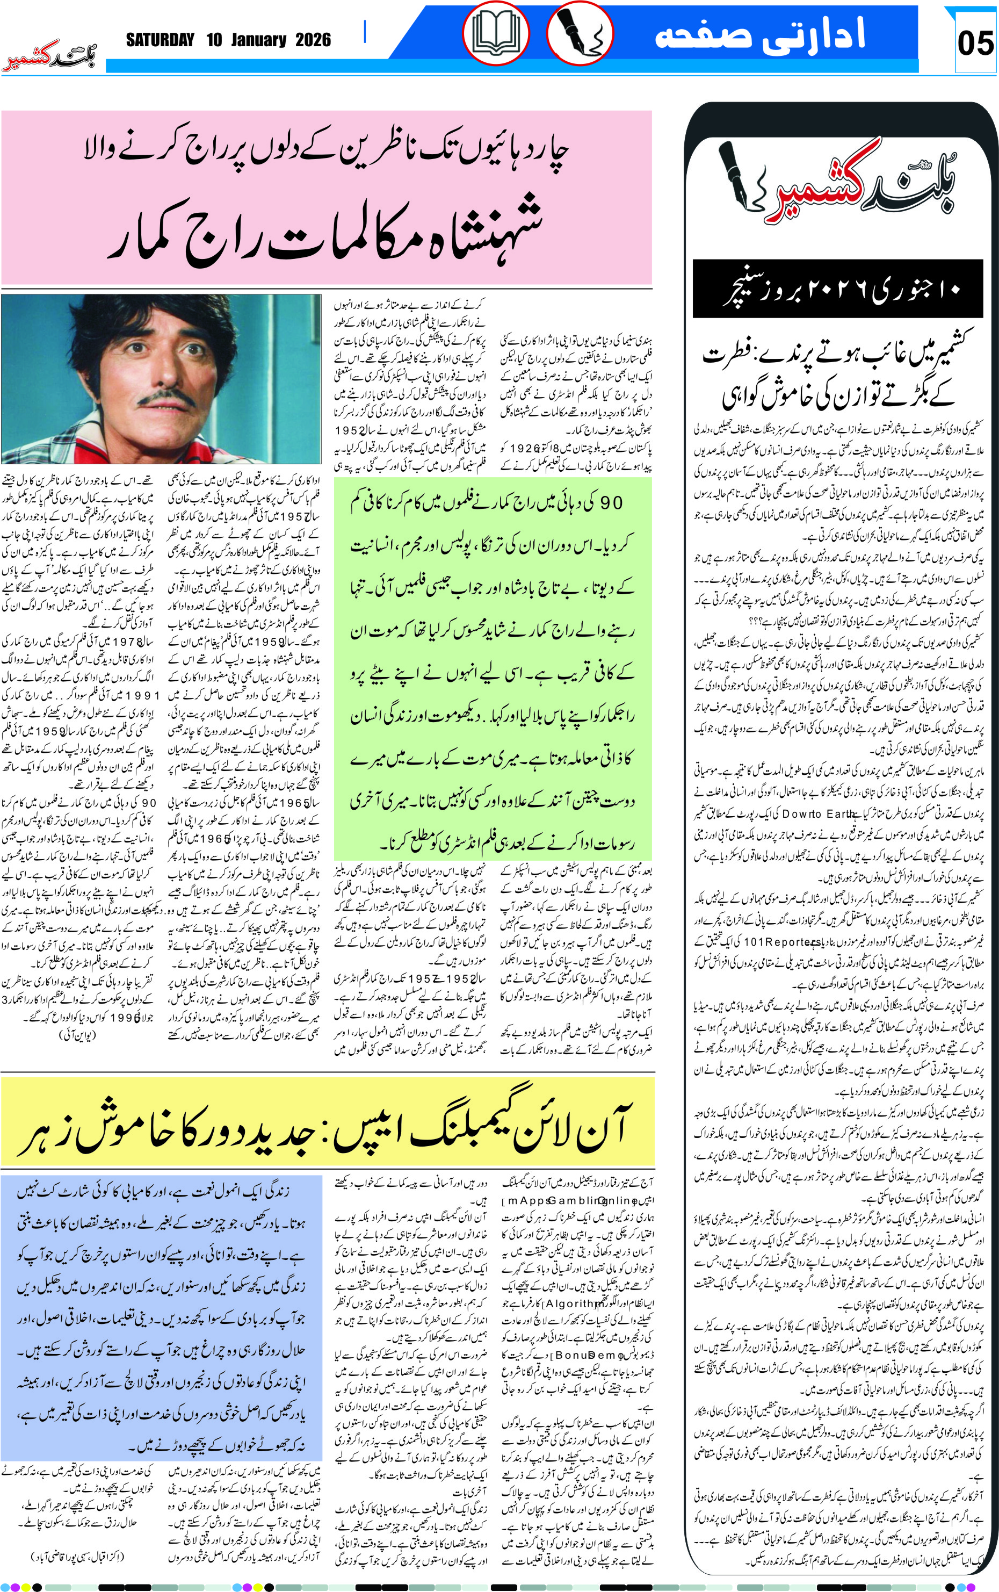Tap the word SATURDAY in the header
pyautogui.click(x=161, y=40)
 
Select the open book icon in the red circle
pyautogui.click(x=496, y=32)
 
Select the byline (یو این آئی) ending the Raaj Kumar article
pyautogui.click(x=77, y=1035)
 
